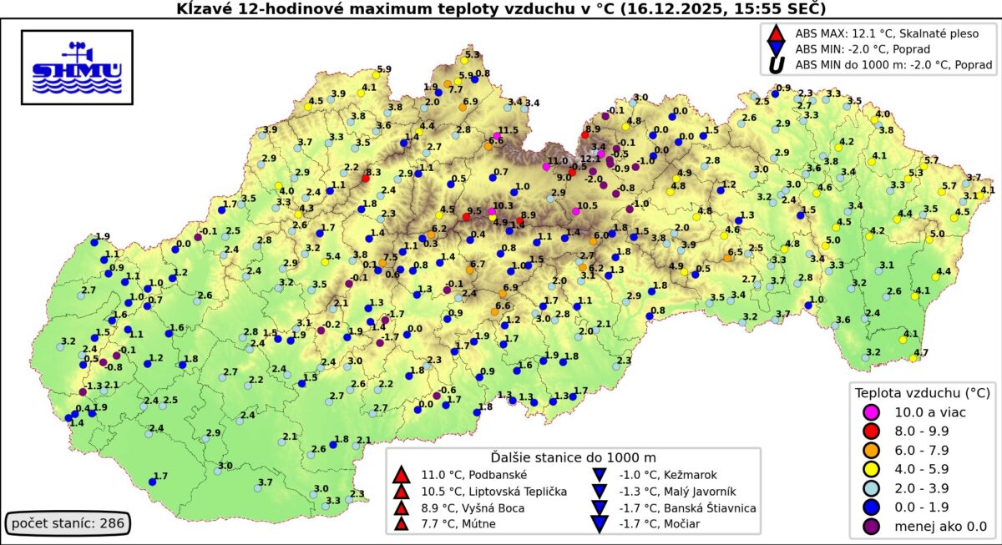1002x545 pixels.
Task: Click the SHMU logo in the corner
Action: [x=76, y=68]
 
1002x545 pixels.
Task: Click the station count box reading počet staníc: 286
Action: [x=66, y=524]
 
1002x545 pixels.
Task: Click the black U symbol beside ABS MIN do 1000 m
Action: [x=776, y=64]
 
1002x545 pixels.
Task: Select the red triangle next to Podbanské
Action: [x=402, y=475]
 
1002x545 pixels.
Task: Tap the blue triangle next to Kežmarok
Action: [x=599, y=475]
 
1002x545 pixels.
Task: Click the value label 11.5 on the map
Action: [x=509, y=130]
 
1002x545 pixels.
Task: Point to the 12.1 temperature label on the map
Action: [x=590, y=159]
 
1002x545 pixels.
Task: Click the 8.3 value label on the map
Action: [x=373, y=172]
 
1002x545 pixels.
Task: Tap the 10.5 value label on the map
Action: [x=587, y=205]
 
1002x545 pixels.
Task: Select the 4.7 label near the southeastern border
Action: [x=920, y=353]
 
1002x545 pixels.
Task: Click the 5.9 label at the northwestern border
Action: [x=384, y=68]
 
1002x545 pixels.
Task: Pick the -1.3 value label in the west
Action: [x=94, y=386]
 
